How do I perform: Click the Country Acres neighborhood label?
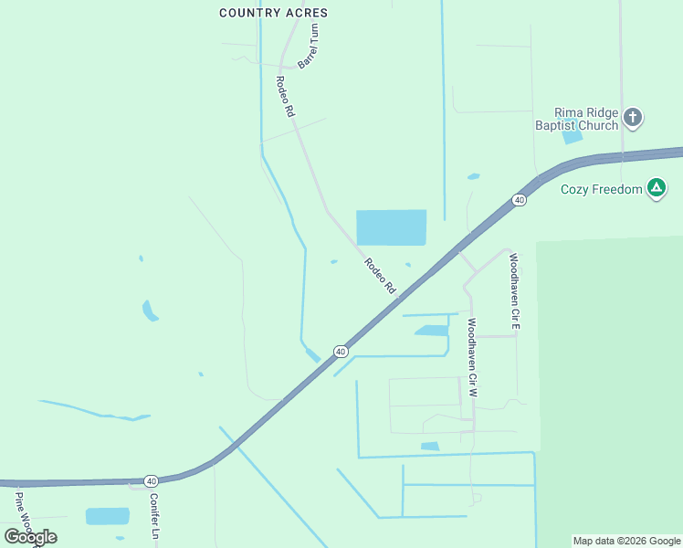pyautogui.click(x=274, y=13)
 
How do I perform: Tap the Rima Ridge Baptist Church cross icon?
pyautogui.click(x=633, y=117)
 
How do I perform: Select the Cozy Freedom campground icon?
pyautogui.click(x=656, y=189)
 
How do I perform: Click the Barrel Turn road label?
pyautogui.click(x=310, y=47)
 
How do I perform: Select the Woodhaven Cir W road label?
pyautogui.click(x=472, y=356)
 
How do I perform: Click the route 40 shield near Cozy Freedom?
pyautogui.click(x=519, y=200)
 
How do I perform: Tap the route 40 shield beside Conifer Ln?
pyautogui.click(x=151, y=480)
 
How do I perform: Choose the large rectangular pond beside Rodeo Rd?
pyautogui.click(x=391, y=227)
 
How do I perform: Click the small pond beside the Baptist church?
pyautogui.click(x=573, y=137)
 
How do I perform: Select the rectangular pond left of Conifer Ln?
pyautogui.click(x=108, y=516)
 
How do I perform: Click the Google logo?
pyautogui.click(x=30, y=536)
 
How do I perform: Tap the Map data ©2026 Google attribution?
pyautogui.click(x=626, y=541)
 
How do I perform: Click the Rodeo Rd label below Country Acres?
pyautogui.click(x=285, y=95)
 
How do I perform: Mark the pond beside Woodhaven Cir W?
pyautogui.click(x=432, y=330)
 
